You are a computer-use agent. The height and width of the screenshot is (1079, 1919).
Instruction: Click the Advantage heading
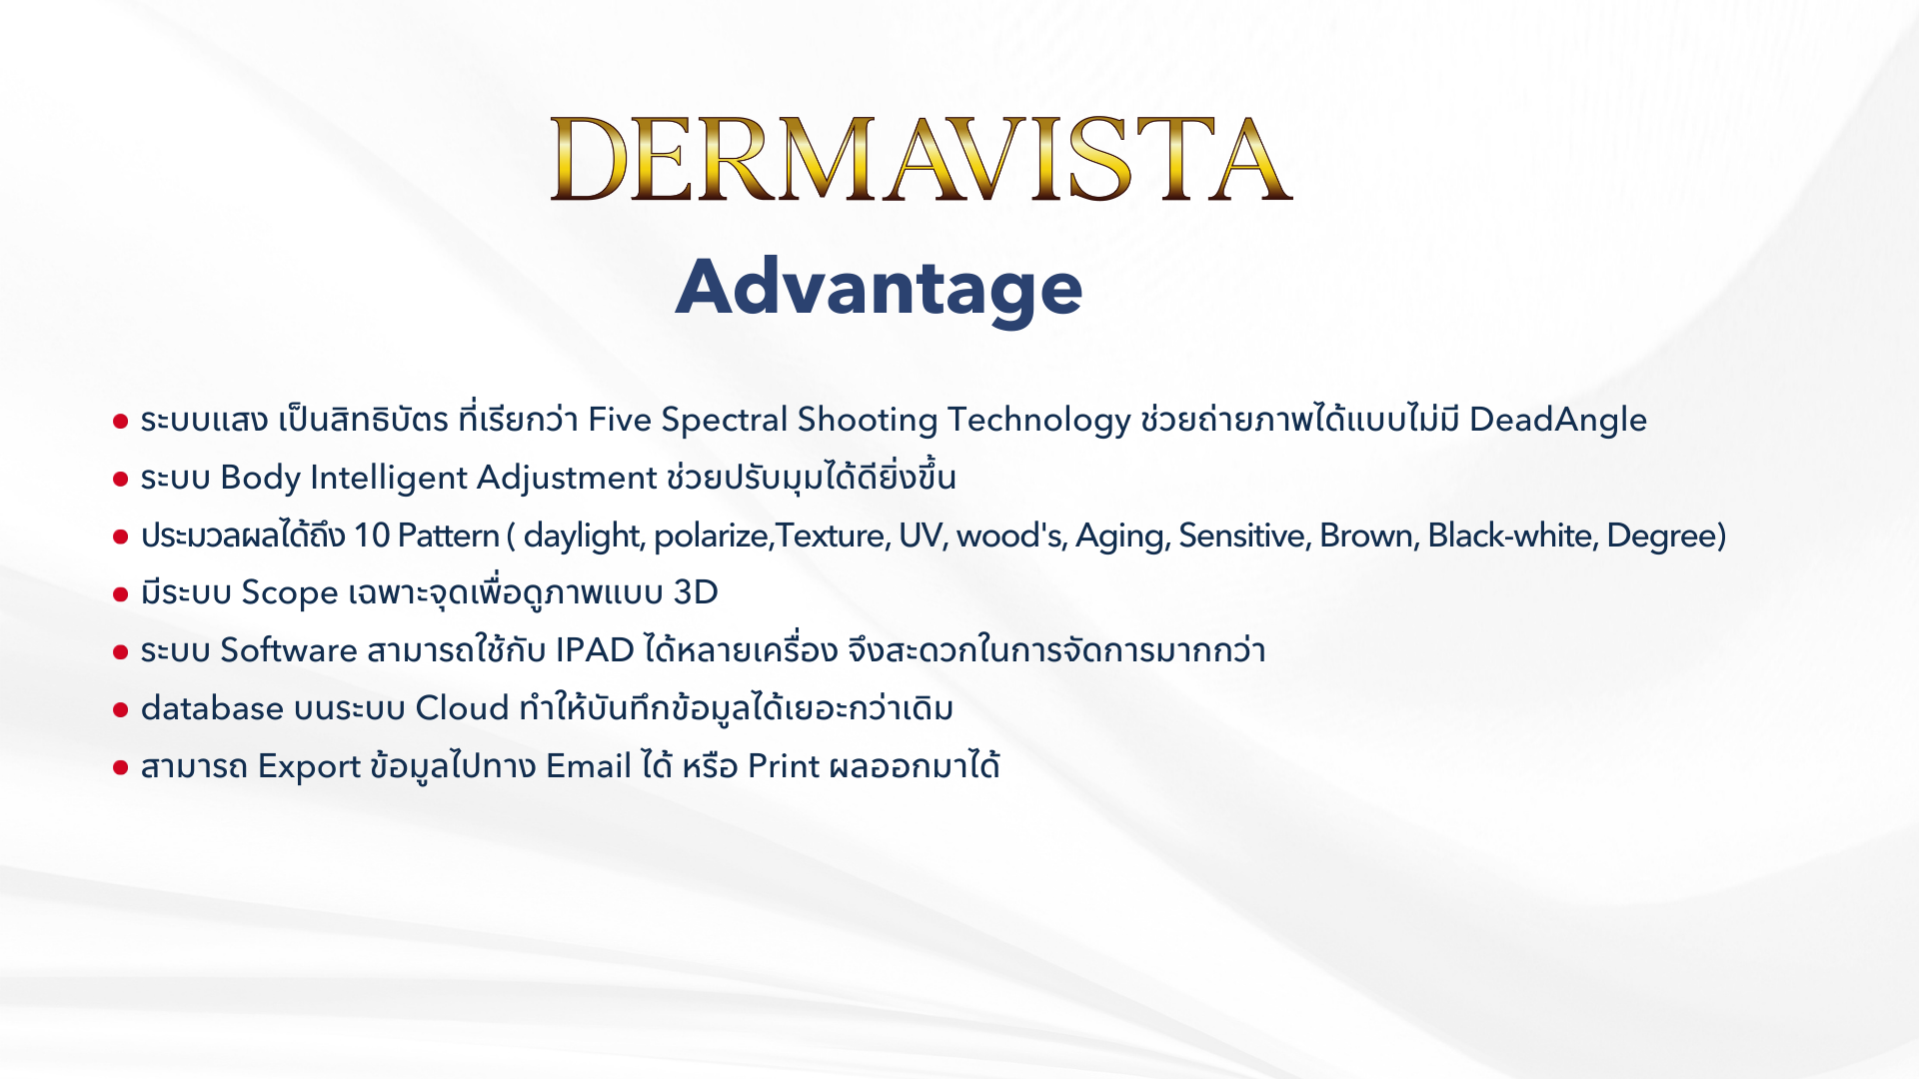pos(880,288)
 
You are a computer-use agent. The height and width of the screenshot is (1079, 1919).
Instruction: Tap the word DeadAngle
pos(1558,421)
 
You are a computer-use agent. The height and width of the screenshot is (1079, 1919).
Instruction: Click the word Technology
pos(1039,421)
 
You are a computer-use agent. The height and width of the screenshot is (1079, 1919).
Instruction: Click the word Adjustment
pos(567,479)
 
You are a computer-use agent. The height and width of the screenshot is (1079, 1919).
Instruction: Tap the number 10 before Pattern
pos(371,537)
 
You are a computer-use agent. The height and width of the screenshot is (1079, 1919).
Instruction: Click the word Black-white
pos(1512,537)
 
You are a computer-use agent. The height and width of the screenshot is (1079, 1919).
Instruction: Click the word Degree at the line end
pos(1661,537)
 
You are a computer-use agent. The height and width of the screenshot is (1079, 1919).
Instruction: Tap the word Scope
pos(290,593)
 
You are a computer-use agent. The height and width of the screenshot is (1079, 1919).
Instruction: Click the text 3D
pos(696,592)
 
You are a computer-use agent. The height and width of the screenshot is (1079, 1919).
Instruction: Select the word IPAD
pos(595,650)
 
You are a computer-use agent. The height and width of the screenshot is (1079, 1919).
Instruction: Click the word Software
pos(289,650)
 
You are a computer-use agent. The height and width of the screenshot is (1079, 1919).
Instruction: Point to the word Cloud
pos(463,708)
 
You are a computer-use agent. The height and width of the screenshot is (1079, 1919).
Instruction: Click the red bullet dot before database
pos(121,710)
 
